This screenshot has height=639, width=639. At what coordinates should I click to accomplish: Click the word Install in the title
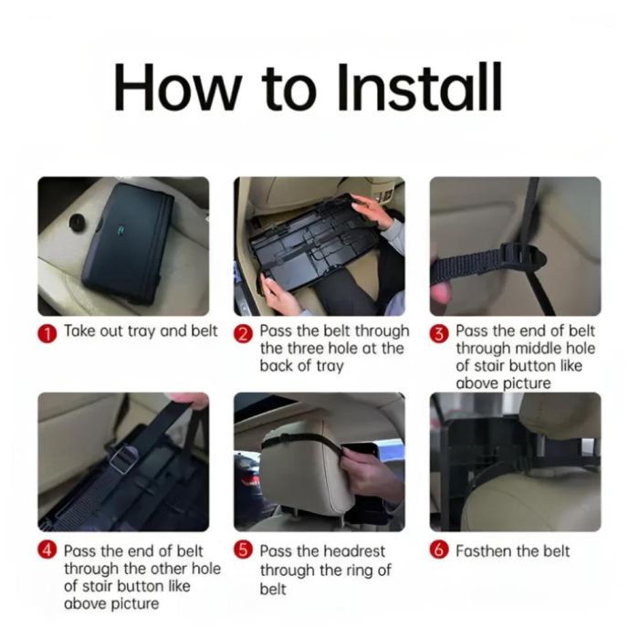coord(419,87)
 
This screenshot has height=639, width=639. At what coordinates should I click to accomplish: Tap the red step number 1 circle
coord(47,334)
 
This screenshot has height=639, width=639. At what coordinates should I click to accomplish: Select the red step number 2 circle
coord(243,334)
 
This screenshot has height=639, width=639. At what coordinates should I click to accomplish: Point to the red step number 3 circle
coord(439,334)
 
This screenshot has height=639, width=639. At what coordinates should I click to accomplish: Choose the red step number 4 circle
coord(47,550)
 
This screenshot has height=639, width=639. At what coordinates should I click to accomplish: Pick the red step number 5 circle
coord(243,550)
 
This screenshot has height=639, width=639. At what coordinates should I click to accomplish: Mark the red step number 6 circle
coord(439,550)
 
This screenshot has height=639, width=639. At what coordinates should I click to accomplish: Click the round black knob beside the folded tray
coord(77,222)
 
